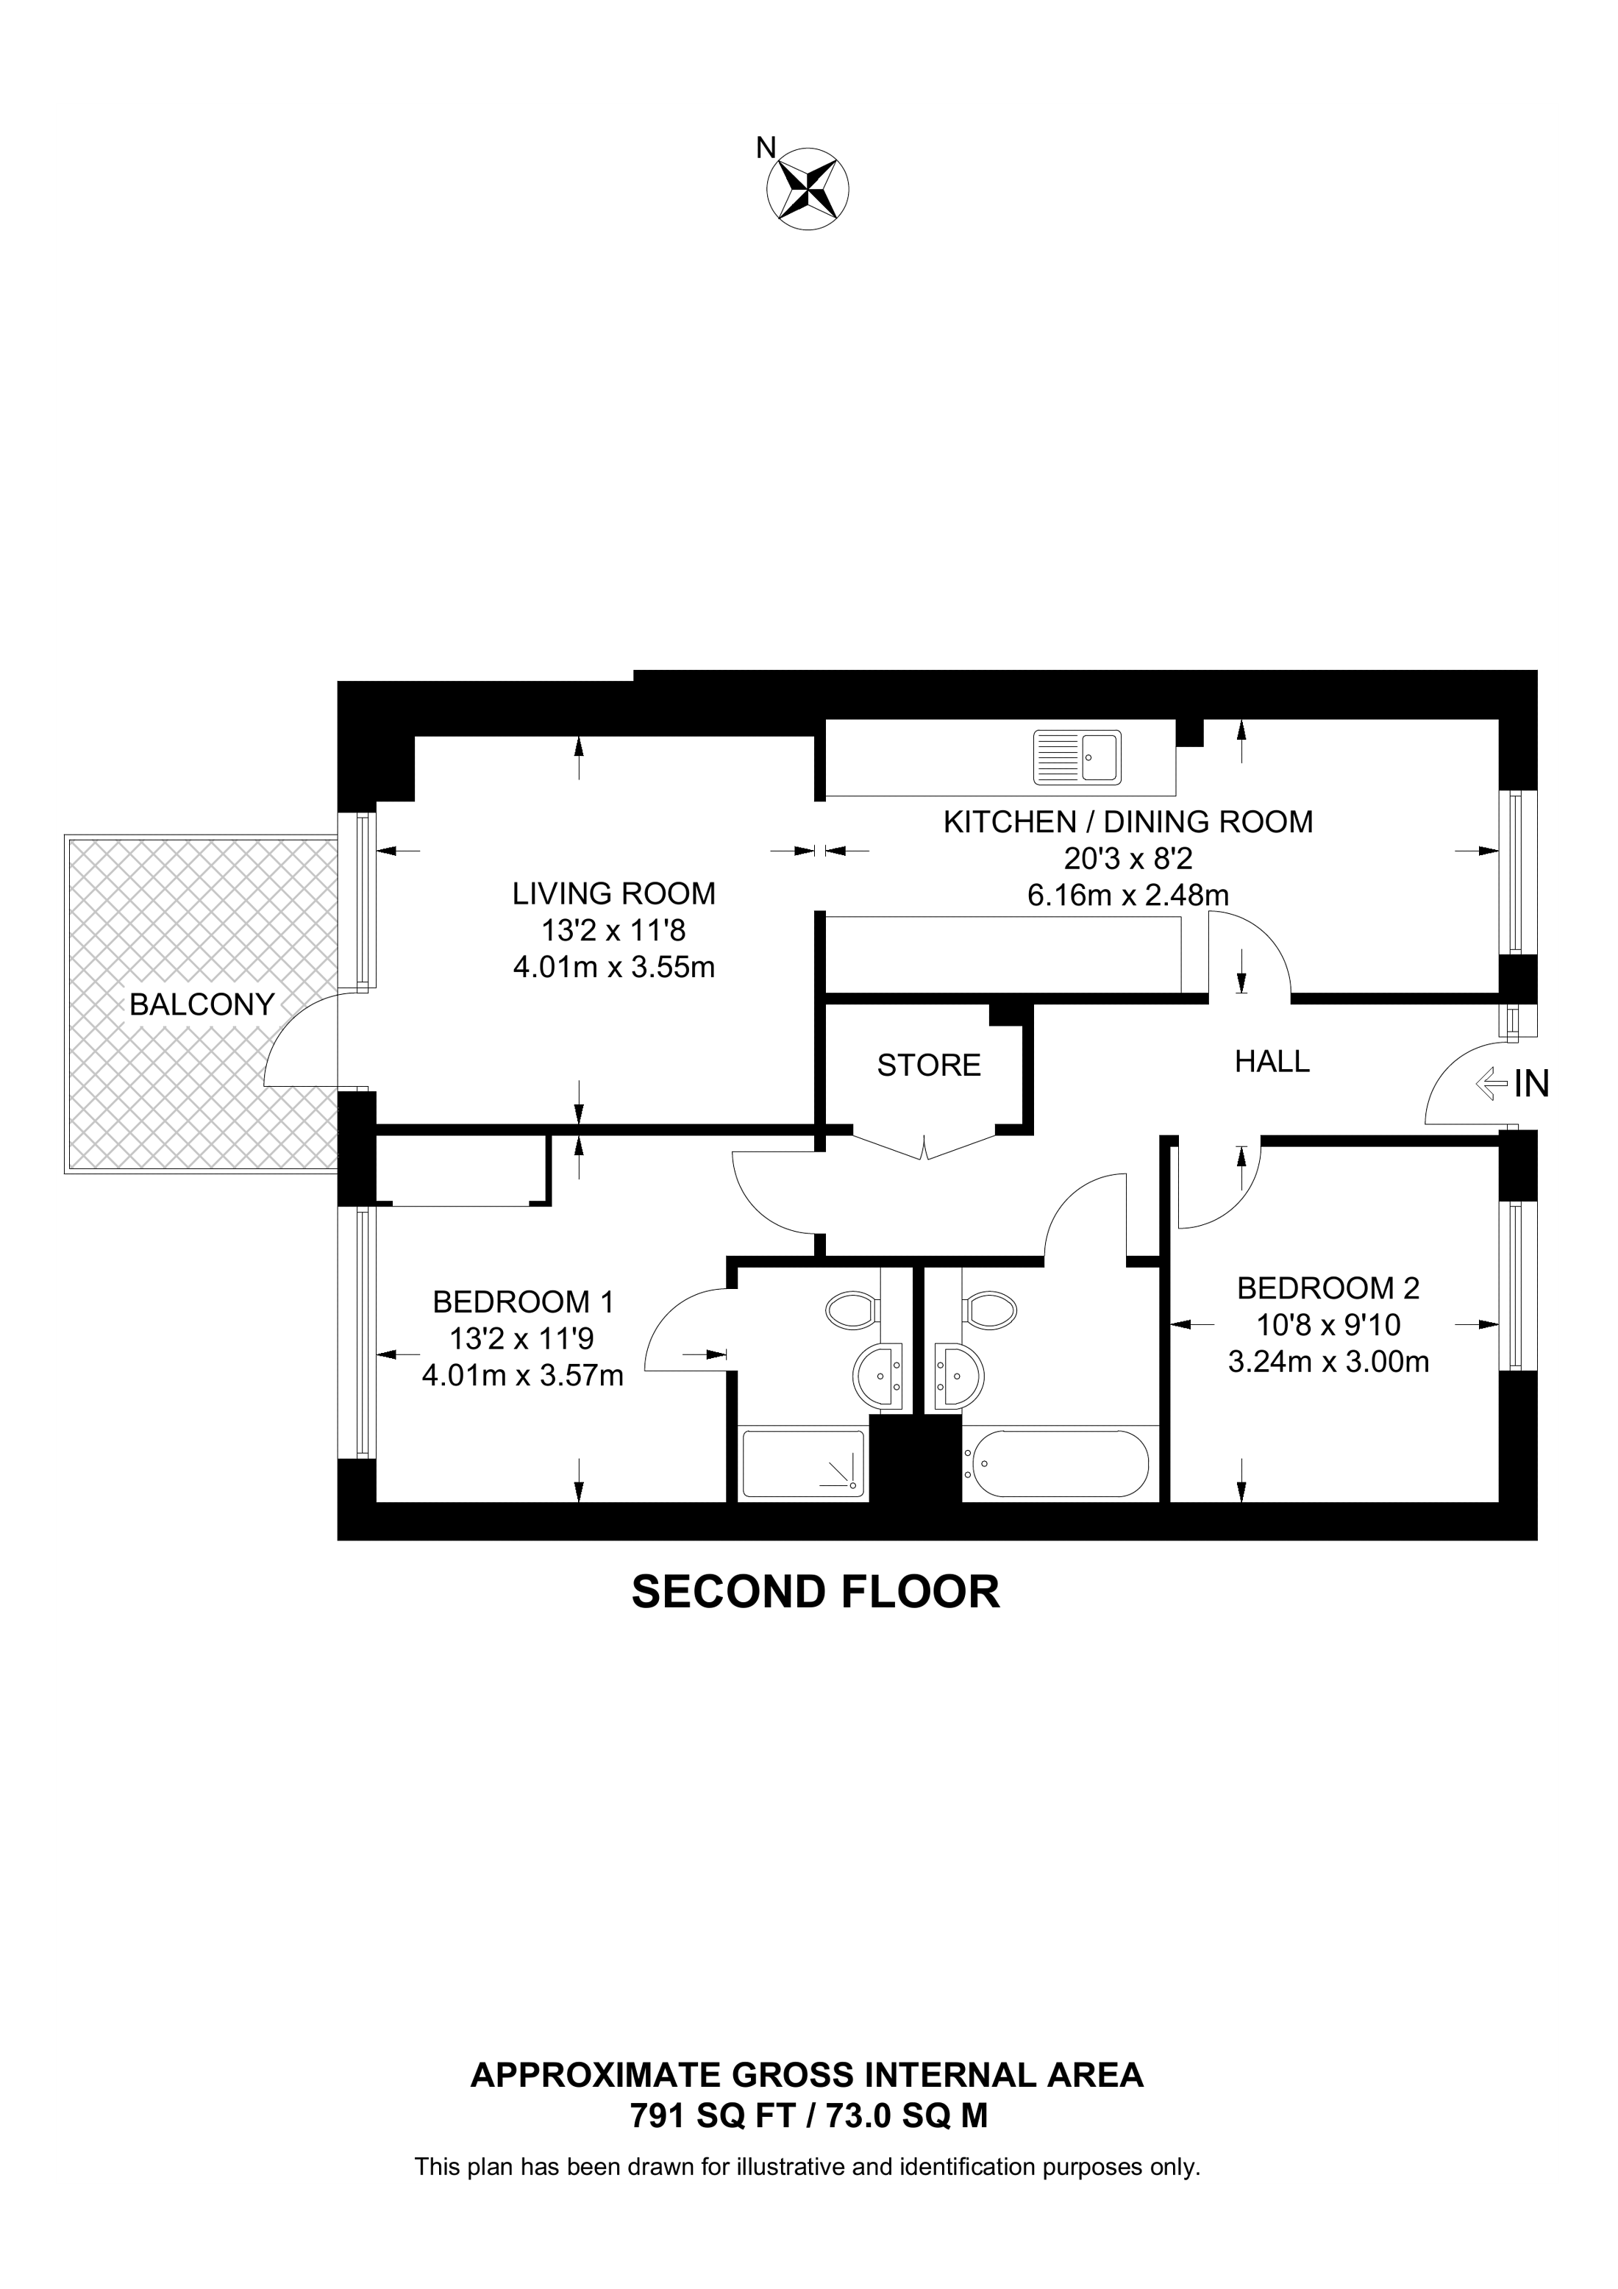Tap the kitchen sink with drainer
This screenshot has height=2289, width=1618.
(x=1077, y=757)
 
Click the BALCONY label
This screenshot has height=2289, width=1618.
(x=202, y=1005)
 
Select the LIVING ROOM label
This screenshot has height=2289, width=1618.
(x=614, y=893)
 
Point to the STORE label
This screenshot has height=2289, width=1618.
(x=929, y=1065)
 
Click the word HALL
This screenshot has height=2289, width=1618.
(x=1272, y=1062)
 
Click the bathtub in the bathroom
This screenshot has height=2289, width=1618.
(x=1055, y=1463)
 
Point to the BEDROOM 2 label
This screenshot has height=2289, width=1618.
(x=1328, y=1288)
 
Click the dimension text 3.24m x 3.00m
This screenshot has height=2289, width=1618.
(x=1328, y=1361)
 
